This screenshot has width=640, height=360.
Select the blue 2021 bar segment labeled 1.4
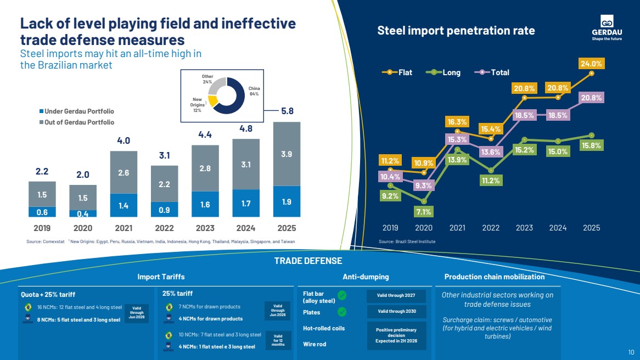pyautogui.click(x=123, y=205)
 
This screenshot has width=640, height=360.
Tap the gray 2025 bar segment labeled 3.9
pyautogui.click(x=287, y=154)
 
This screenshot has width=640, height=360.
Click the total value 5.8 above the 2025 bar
pyautogui.click(x=287, y=111)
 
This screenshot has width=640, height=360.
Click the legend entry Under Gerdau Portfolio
pyautogui.click(x=76, y=111)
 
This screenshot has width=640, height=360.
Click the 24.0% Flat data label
pyautogui.click(x=591, y=64)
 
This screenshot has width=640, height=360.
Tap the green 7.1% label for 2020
pyautogui.click(x=424, y=211)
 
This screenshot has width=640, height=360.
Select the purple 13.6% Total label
pyautogui.click(x=490, y=151)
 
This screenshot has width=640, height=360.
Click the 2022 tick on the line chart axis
pyautogui.click(x=491, y=228)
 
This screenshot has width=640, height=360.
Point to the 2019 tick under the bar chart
pyautogui.click(x=42, y=228)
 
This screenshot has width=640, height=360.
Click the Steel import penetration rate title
pyautogui.click(x=456, y=31)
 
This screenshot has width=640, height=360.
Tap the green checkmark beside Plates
pyautogui.click(x=342, y=312)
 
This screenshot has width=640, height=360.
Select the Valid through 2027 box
pyautogui.click(x=396, y=296)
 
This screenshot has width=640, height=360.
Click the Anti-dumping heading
pyautogui.click(x=366, y=277)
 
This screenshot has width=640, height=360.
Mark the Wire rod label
pyautogui.click(x=316, y=345)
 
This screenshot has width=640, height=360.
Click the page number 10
pyautogui.click(x=631, y=352)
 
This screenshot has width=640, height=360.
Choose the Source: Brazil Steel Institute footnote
pyautogui.click(x=407, y=241)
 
